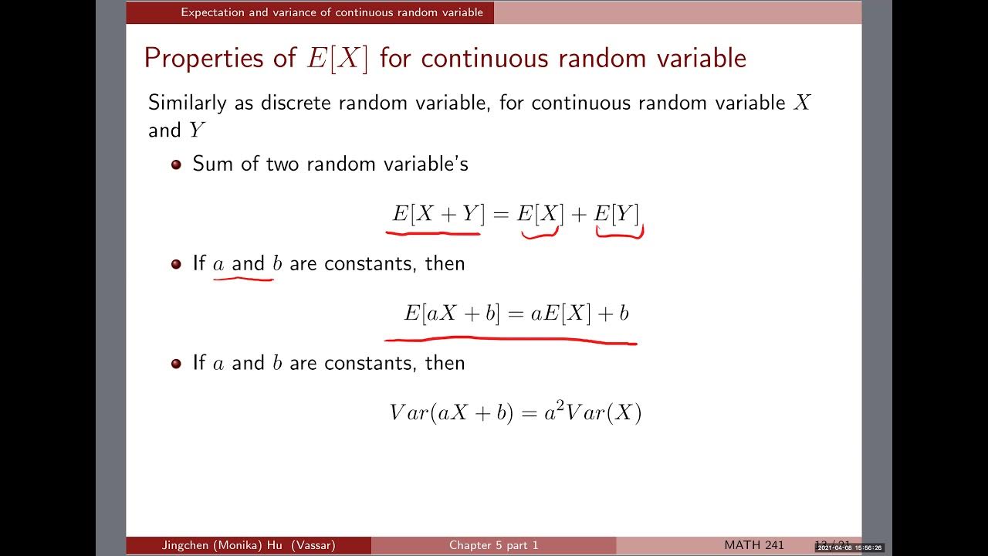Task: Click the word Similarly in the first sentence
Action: pos(188,103)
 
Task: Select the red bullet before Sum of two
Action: pos(176,164)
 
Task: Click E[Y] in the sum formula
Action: pos(616,215)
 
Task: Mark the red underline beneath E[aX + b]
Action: pos(509,339)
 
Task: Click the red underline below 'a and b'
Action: pos(243,278)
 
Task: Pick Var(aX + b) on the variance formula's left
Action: pos(451,413)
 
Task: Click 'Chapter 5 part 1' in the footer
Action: pos(494,545)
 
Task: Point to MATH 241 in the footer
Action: pos(754,545)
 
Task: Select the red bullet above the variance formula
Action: pos(176,363)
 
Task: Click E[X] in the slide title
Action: pos(337,59)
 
